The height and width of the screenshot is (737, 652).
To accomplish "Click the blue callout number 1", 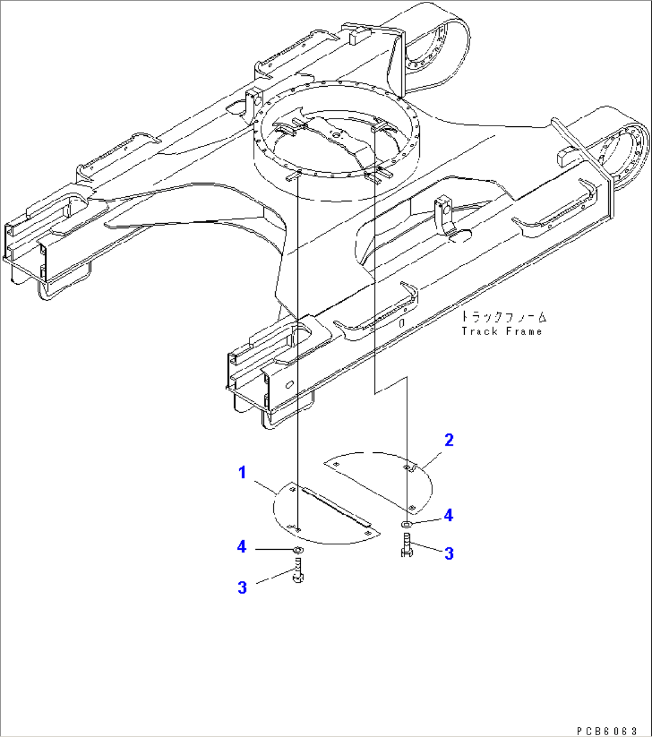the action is [x=242, y=473].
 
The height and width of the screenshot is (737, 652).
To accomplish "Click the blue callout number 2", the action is [x=449, y=440].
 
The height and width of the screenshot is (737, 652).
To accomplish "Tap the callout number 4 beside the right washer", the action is [x=448, y=515].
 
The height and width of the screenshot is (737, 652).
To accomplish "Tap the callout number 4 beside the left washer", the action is [x=242, y=547].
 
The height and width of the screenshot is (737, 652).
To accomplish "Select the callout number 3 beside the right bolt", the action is [x=449, y=553].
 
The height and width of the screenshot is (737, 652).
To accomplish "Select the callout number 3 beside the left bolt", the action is [x=242, y=587].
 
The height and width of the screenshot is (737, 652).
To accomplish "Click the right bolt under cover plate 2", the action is [x=406, y=545].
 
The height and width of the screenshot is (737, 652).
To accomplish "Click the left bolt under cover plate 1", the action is [x=298, y=570].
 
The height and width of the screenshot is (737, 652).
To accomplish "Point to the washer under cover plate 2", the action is [x=406, y=524].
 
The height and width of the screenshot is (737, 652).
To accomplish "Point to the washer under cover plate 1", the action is [x=297, y=549].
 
